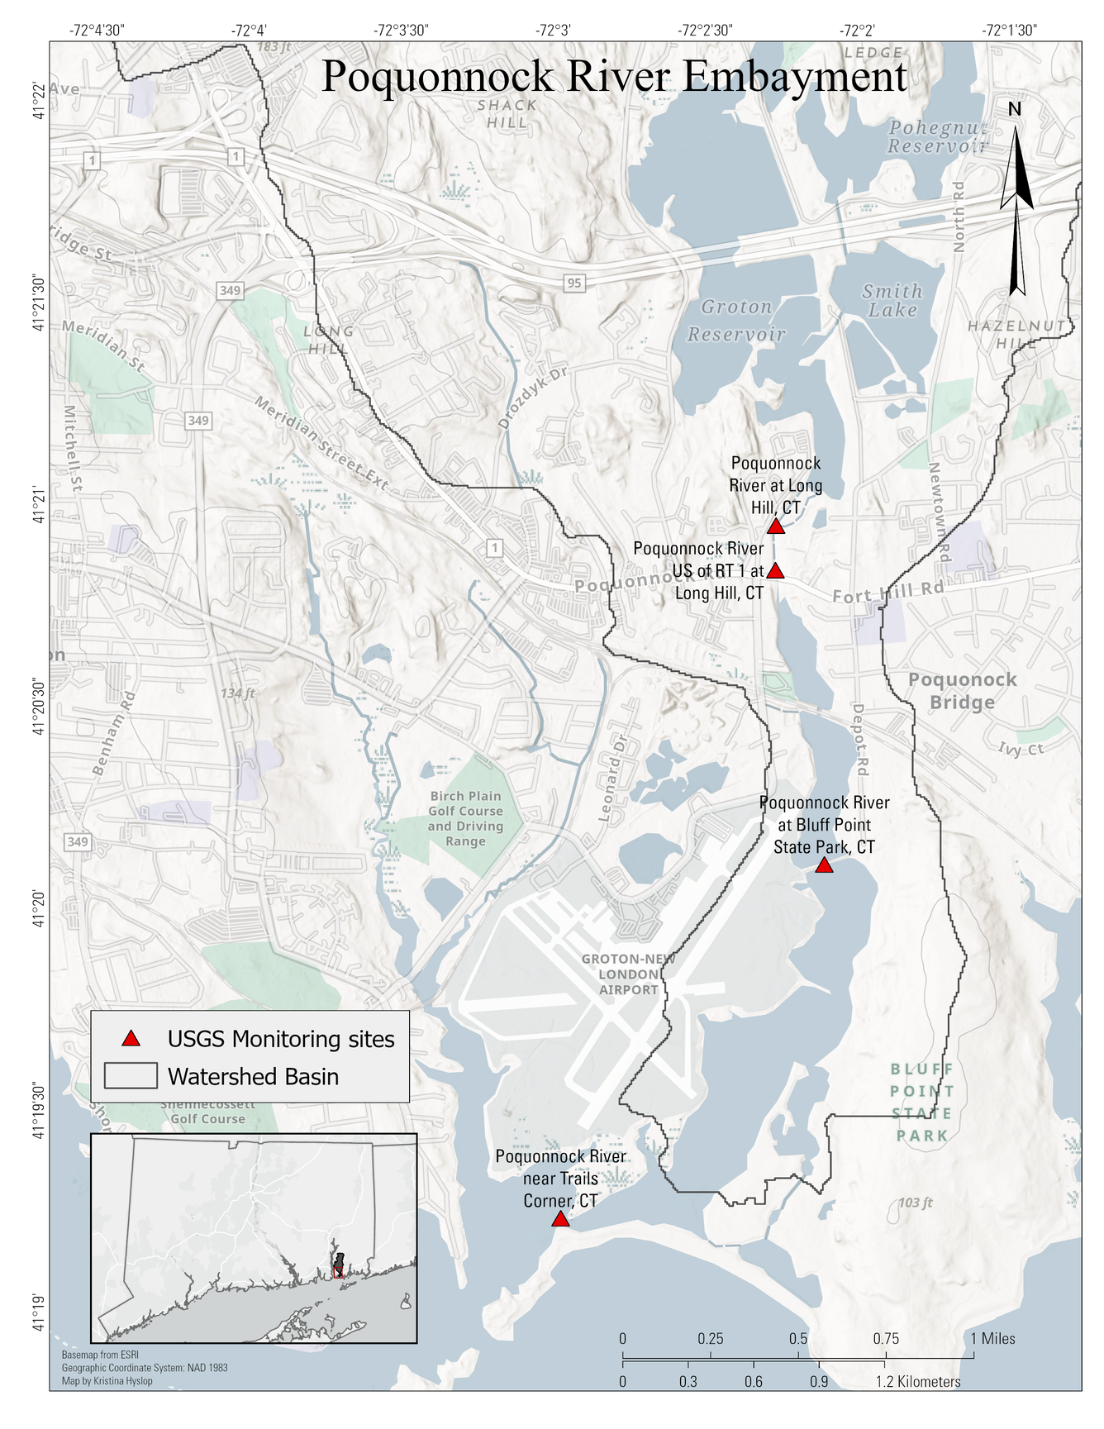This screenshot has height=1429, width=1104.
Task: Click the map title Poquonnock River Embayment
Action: (614, 77)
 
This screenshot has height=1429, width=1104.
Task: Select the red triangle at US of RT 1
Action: (775, 571)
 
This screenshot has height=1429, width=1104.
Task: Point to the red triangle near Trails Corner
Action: (560, 1220)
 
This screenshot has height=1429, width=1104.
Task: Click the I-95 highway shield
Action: (574, 283)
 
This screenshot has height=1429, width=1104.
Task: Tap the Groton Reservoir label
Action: (736, 321)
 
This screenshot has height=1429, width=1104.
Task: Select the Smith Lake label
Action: (892, 301)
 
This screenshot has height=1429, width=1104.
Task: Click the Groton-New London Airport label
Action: (628, 974)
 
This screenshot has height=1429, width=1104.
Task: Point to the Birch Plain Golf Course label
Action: (465, 818)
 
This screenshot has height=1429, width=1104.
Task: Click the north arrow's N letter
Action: (1015, 109)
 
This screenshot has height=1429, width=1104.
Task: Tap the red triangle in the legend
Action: (131, 1039)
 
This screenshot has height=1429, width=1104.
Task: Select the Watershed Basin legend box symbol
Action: (131, 1076)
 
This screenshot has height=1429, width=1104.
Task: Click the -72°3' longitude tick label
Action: (553, 31)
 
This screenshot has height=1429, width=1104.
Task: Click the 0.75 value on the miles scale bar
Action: (886, 1339)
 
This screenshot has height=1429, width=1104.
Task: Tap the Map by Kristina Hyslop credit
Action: (107, 1381)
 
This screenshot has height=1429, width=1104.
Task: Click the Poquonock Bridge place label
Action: (962, 691)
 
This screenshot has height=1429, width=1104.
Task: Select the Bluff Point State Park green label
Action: (922, 1103)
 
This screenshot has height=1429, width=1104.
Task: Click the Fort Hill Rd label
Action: (887, 593)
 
